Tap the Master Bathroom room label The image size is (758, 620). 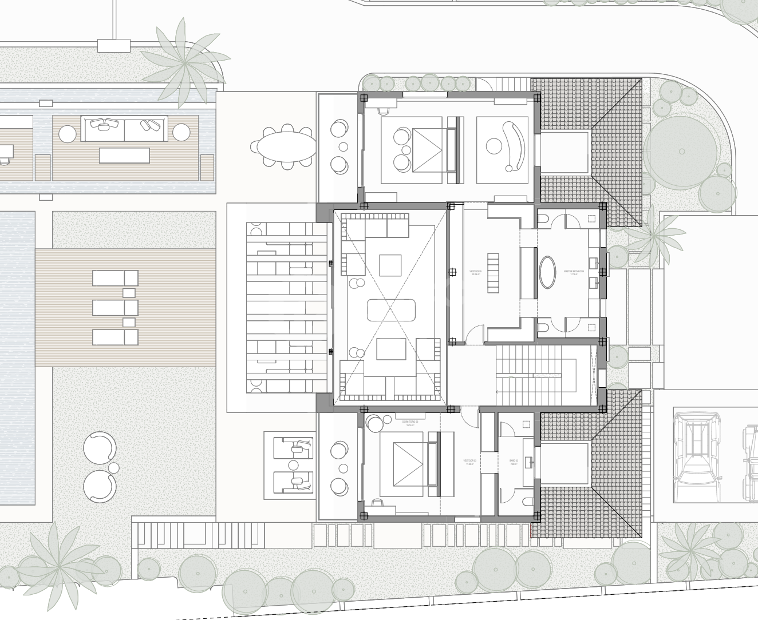pos(574,273)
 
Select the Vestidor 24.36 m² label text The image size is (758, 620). pos(475,273)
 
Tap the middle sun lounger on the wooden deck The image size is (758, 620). pos(115,308)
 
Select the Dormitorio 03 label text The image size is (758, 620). pos(409,424)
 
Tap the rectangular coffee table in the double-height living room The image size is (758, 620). pos(391,309)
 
